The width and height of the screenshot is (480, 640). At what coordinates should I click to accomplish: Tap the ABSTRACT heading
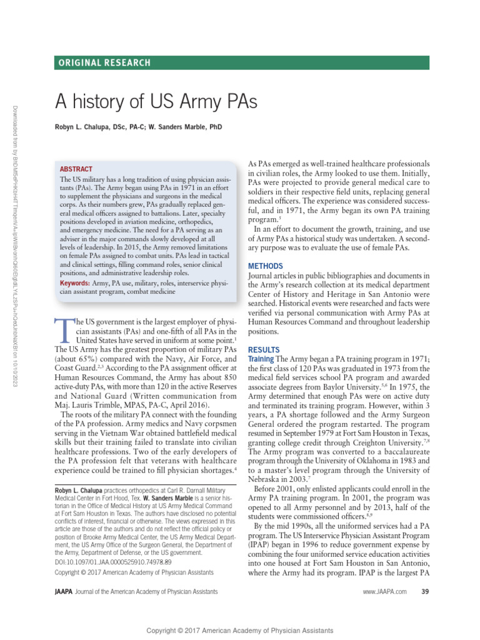tap(76, 169)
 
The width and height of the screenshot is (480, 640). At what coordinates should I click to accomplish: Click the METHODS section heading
tap(266, 266)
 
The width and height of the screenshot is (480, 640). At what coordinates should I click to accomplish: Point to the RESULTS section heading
tap(264, 349)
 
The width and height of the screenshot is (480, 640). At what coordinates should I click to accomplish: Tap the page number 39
tap(425, 591)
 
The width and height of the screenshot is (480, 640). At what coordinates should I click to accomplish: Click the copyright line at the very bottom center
tap(240, 631)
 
